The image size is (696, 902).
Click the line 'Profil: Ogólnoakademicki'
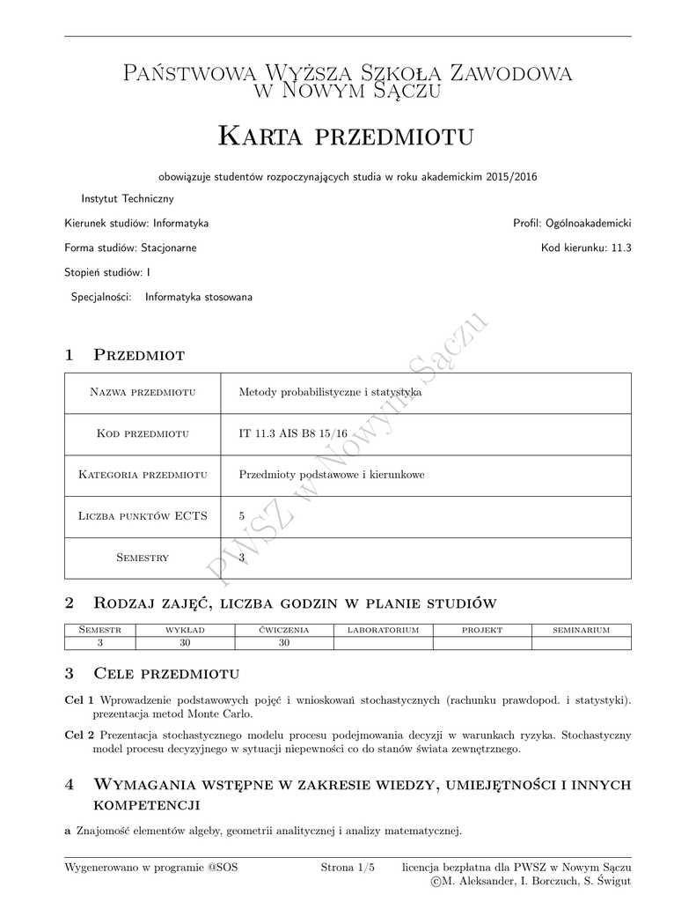click(x=572, y=224)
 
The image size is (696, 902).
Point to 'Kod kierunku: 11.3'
click(x=586, y=248)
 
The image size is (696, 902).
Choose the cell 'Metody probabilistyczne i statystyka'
click(x=330, y=393)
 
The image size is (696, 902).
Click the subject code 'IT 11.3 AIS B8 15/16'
click(x=293, y=433)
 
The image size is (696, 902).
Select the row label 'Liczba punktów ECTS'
click(x=143, y=516)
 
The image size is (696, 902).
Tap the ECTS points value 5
click(x=242, y=516)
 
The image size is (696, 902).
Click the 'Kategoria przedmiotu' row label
click(x=143, y=475)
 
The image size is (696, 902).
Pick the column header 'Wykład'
click(x=185, y=631)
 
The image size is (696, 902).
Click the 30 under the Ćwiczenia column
click(x=284, y=643)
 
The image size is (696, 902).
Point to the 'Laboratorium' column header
click(x=383, y=631)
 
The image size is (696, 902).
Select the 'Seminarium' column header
click(x=581, y=631)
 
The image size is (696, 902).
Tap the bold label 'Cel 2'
click(x=80, y=734)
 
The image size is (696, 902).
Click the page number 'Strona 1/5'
click(x=348, y=868)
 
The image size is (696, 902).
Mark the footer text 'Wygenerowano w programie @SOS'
click(x=151, y=868)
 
